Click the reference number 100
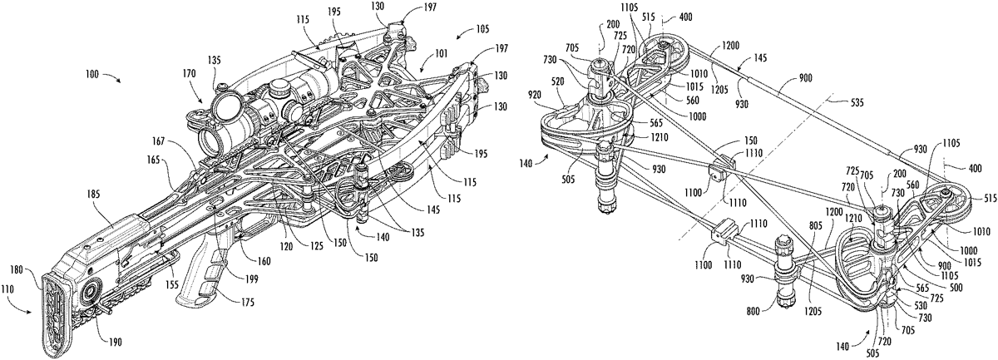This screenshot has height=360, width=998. (x=94, y=74)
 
